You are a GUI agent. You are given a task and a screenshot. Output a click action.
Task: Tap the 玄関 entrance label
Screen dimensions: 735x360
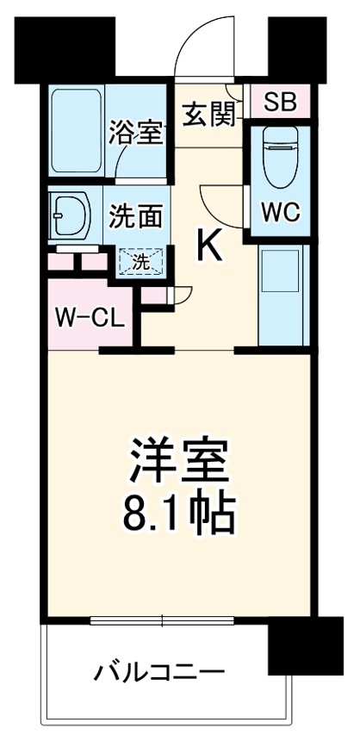208,112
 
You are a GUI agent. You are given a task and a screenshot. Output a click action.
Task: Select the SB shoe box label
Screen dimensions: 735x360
279,102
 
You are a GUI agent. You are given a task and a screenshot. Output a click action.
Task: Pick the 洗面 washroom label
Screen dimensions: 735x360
136,215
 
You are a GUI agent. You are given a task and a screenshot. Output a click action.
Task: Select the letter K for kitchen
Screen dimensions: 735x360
212,248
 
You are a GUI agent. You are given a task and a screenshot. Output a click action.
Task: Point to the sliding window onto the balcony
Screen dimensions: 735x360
163,618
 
